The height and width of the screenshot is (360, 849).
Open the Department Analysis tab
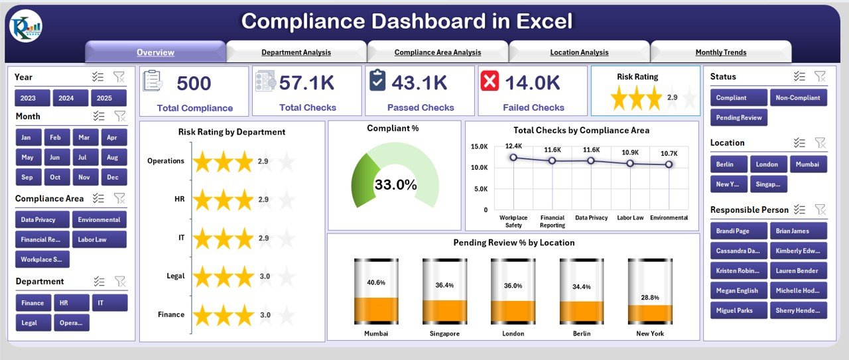coord(296,52)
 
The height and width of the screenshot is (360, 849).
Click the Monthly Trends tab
coord(720,52)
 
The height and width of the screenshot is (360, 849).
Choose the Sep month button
coord(27,177)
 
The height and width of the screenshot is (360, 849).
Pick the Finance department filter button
coord(33,303)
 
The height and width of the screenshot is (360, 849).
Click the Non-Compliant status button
coord(799,97)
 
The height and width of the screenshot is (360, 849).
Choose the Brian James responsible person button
coord(799,230)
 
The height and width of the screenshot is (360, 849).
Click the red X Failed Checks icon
coord(490,82)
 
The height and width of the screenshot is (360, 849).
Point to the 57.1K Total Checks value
coord(307,83)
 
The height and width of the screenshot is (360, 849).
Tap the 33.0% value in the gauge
coord(395,185)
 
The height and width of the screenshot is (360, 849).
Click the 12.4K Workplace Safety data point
coord(513,158)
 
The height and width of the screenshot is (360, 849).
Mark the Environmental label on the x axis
coord(669,217)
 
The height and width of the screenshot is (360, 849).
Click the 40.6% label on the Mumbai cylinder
coord(376,282)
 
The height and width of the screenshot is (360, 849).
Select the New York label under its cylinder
coord(650,333)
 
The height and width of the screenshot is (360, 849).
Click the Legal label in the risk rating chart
coord(175,276)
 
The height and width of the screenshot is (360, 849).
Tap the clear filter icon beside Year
coord(119,77)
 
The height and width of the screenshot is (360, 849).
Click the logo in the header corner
coord(26,26)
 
